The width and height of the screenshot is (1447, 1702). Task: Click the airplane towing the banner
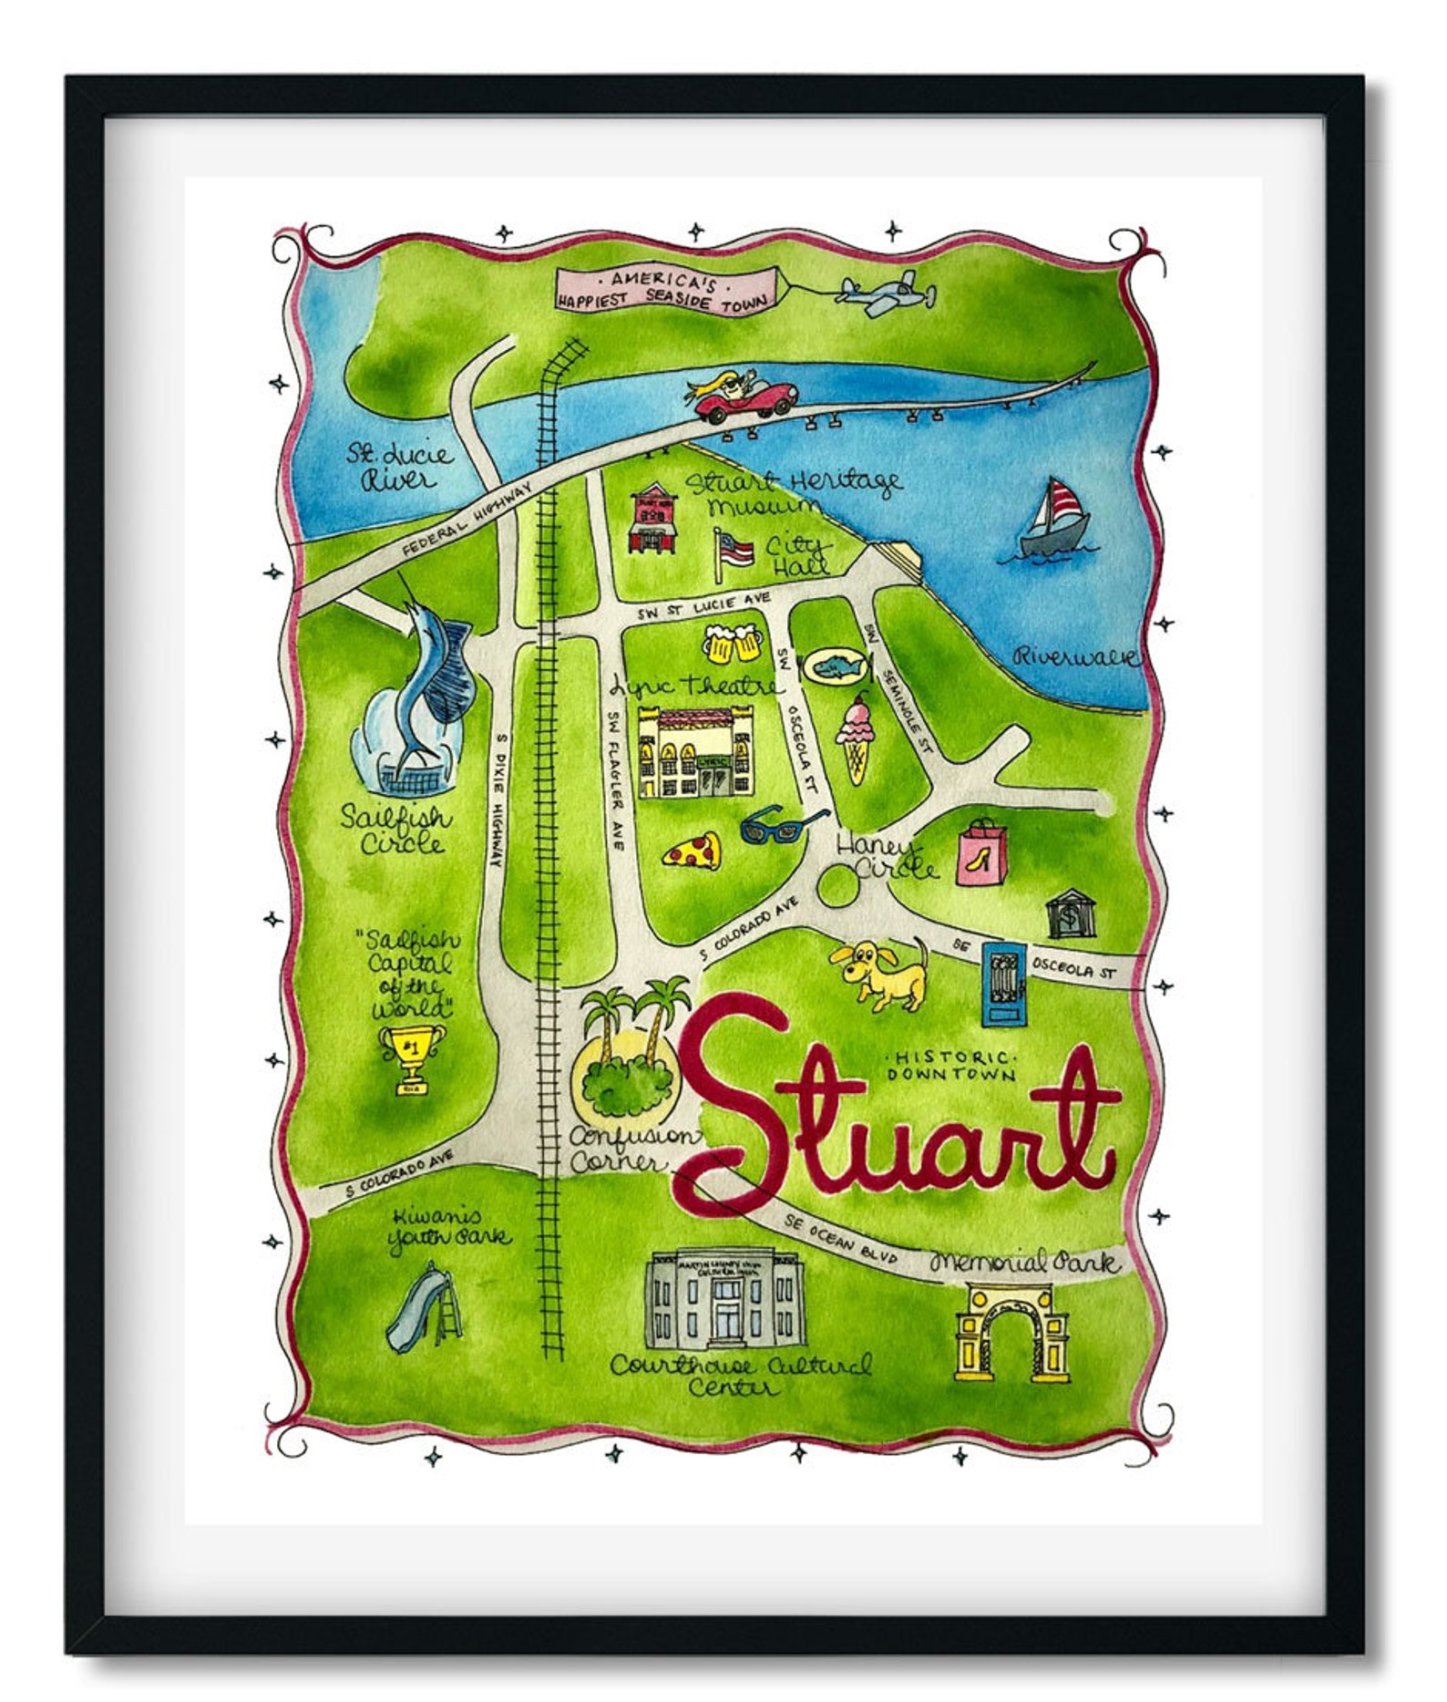[886, 293]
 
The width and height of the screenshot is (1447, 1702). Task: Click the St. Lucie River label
[397, 466]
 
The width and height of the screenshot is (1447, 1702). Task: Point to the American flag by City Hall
[734, 552]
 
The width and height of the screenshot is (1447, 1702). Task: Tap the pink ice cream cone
[857, 737]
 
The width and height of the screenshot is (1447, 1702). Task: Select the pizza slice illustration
[693, 851]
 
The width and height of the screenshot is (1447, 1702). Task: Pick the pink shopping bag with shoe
[982, 851]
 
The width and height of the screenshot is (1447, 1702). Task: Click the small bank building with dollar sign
[1070, 913]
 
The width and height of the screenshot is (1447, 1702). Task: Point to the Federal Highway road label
[467, 521]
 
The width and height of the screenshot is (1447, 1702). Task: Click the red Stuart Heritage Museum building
[653, 521]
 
